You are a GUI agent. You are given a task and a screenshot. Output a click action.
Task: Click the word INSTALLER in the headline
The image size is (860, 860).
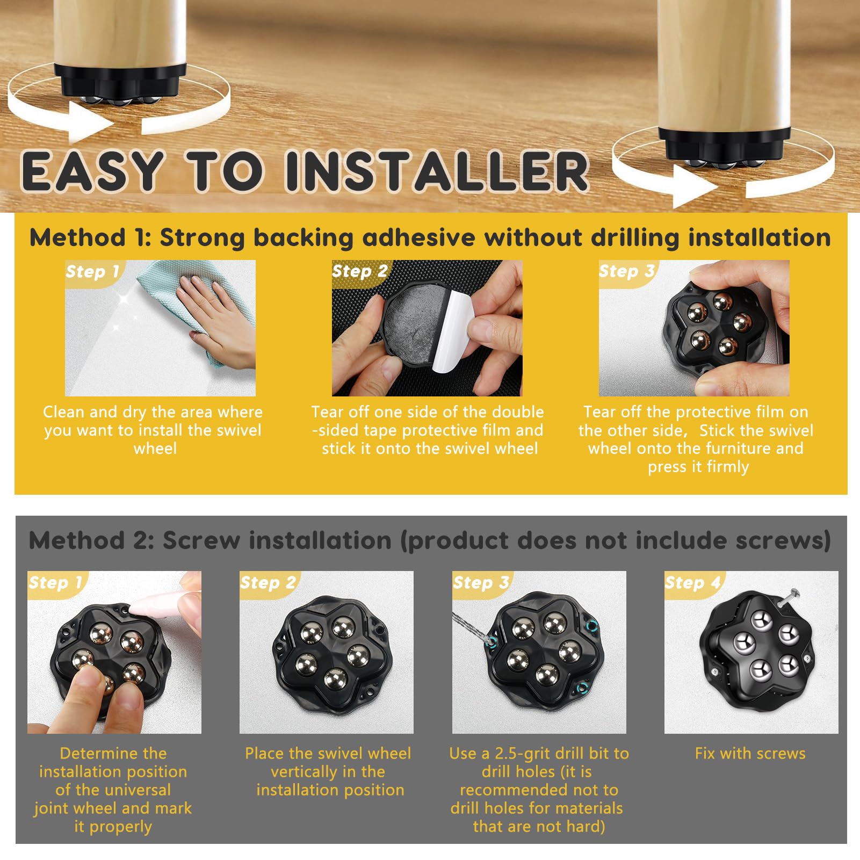click(x=437, y=171)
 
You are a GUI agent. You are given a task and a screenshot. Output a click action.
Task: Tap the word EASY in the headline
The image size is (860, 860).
click(x=92, y=171)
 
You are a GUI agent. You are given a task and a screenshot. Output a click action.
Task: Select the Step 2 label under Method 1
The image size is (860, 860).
click(x=359, y=271)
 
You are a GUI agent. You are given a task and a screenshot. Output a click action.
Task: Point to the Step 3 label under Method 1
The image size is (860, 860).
click(x=626, y=271)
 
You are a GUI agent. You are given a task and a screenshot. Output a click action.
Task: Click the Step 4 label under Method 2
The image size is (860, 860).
click(x=692, y=582)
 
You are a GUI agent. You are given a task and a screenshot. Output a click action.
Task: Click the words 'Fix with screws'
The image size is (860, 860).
click(x=750, y=753)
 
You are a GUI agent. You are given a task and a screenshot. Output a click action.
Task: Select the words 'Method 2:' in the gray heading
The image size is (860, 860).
click(x=91, y=540)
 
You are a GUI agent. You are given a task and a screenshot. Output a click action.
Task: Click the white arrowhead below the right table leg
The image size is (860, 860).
click(x=696, y=186)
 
